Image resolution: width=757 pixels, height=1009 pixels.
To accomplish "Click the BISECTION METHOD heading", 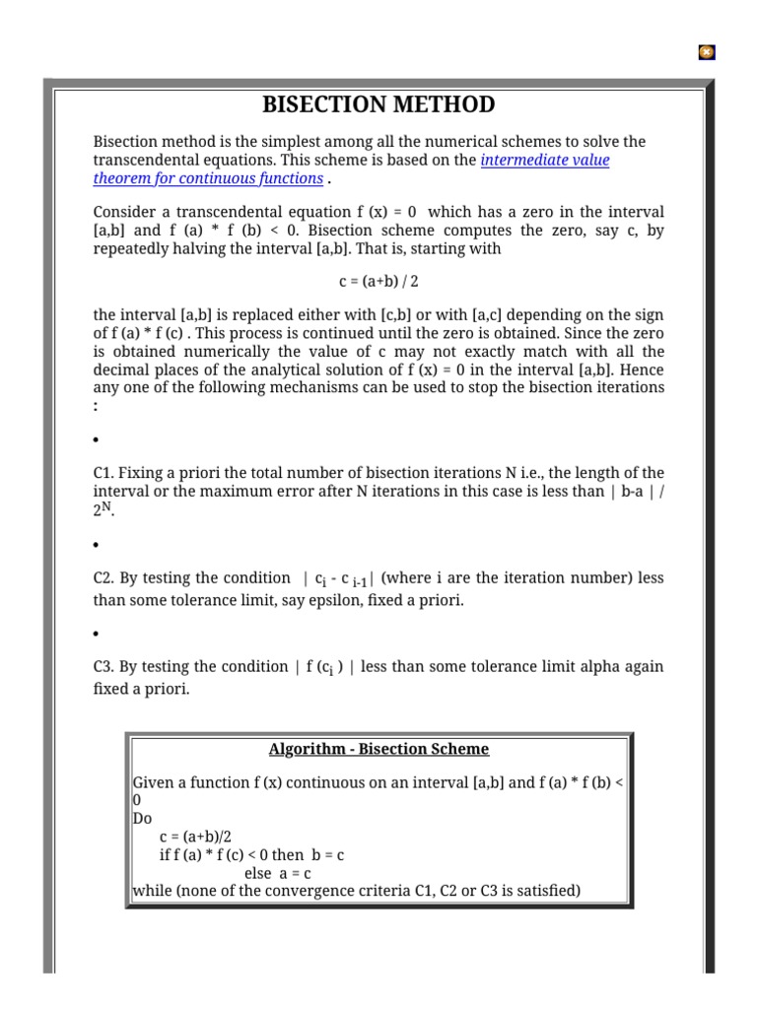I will click(x=378, y=105).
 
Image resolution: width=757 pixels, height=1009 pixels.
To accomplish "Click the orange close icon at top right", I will click(x=706, y=52).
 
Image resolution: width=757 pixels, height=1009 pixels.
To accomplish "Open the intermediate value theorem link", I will click(x=544, y=161).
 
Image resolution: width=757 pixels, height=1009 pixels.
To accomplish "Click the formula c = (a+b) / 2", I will click(x=378, y=282).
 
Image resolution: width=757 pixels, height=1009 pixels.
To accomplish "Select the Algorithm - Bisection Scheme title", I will click(x=378, y=749).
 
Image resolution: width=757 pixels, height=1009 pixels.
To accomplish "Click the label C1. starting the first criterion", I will click(x=104, y=473).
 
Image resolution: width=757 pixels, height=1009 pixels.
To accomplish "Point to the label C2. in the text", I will click(x=104, y=578).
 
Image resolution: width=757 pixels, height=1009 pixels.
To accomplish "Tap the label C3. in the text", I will click(x=104, y=667).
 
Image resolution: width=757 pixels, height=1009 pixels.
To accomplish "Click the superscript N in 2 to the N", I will click(x=110, y=507).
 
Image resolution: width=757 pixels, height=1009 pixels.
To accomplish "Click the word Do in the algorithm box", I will click(x=142, y=819).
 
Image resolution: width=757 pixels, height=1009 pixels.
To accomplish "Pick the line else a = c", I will click(x=280, y=873).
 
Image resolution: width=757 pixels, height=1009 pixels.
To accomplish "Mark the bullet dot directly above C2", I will click(x=96, y=545).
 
